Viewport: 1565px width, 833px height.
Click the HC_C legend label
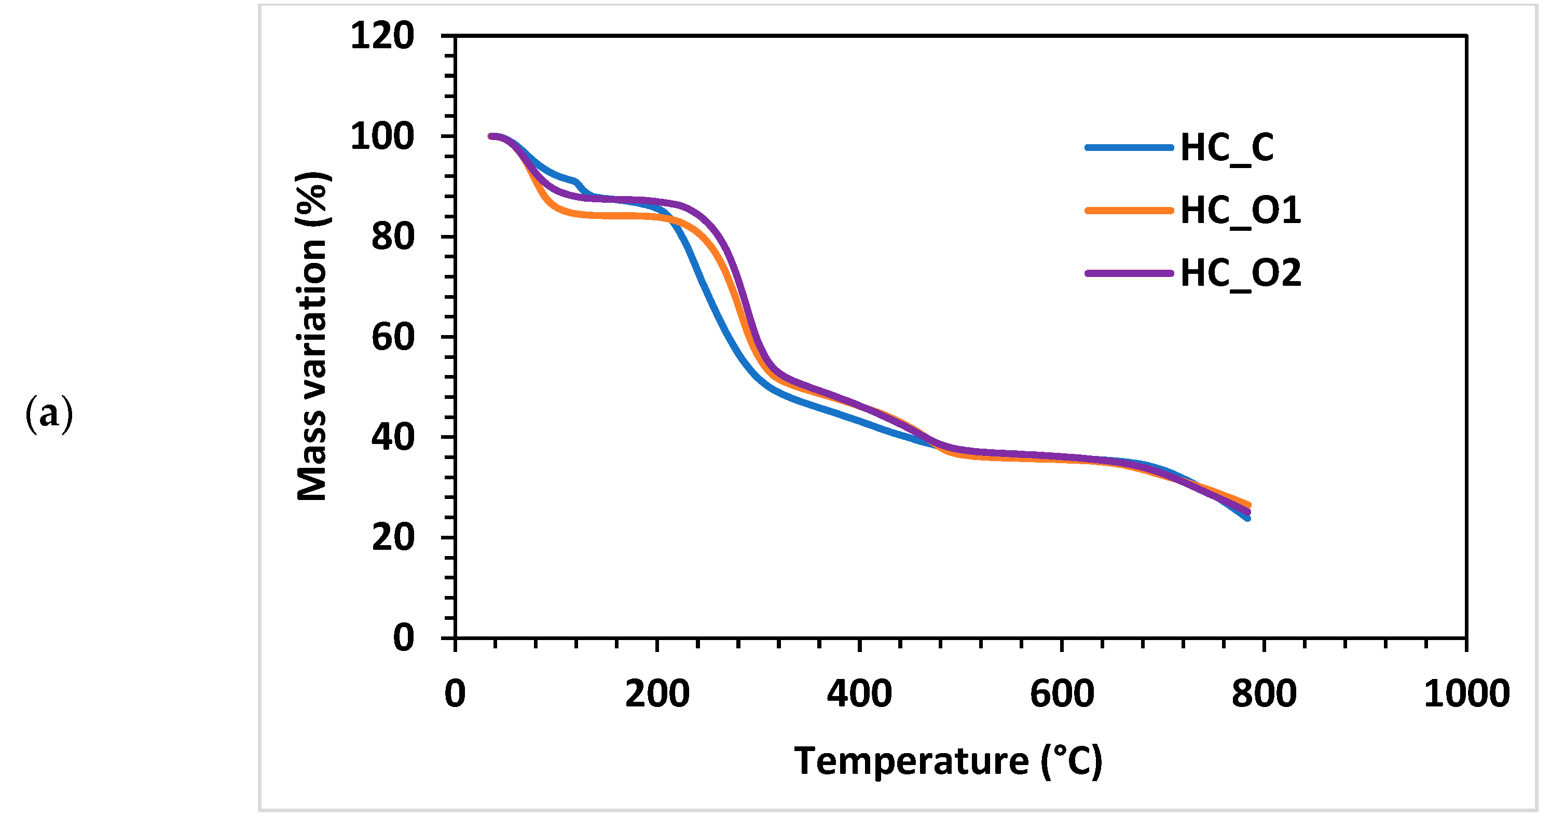[1227, 147]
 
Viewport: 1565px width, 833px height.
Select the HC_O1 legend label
[1240, 211]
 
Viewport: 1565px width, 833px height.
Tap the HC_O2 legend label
[1240, 273]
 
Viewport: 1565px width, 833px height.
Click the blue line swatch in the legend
[1129, 147]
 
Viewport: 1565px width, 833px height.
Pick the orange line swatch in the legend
[1129, 211]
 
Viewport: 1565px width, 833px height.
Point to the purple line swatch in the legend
[1129, 273]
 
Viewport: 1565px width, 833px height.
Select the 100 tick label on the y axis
[382, 136]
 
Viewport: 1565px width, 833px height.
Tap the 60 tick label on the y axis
[392, 337]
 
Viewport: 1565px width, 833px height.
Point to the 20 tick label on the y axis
[392, 537]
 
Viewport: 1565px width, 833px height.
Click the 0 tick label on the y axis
[403, 637]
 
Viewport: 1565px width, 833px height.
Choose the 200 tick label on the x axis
[657, 693]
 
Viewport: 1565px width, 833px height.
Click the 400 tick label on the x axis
[859, 693]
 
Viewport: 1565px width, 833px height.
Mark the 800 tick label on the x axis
[1264, 693]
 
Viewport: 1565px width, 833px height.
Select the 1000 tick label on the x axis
[1466, 693]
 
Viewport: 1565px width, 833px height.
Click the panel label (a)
[49, 414]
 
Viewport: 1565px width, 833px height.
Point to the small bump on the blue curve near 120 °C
[575, 182]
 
